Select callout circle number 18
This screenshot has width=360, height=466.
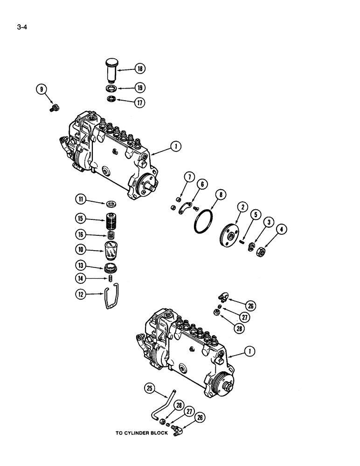coord(139,69)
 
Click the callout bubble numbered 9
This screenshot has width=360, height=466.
coord(42,89)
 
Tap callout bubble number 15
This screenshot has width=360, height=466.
coord(81,218)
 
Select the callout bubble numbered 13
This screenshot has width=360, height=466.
coord(81,266)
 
